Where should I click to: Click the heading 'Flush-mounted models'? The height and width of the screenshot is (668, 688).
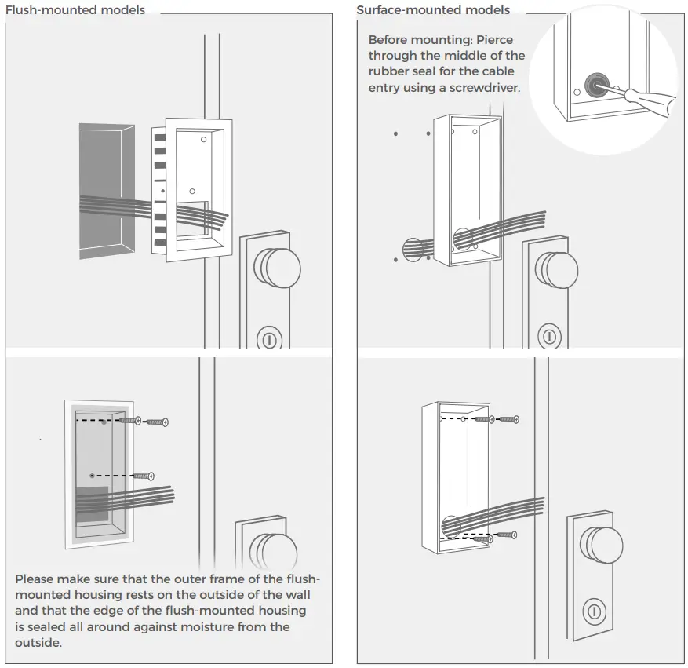[x=75, y=10]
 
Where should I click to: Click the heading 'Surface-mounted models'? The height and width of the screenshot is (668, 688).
[x=432, y=10]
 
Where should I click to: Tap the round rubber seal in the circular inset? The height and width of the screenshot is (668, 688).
[x=597, y=83]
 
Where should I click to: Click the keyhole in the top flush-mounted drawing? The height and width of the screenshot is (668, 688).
[x=268, y=340]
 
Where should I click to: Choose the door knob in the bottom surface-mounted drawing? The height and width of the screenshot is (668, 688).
[x=602, y=544]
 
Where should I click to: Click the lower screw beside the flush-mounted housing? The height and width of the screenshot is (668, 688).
[x=144, y=476]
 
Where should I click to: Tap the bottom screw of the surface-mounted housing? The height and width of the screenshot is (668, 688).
[x=506, y=535]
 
